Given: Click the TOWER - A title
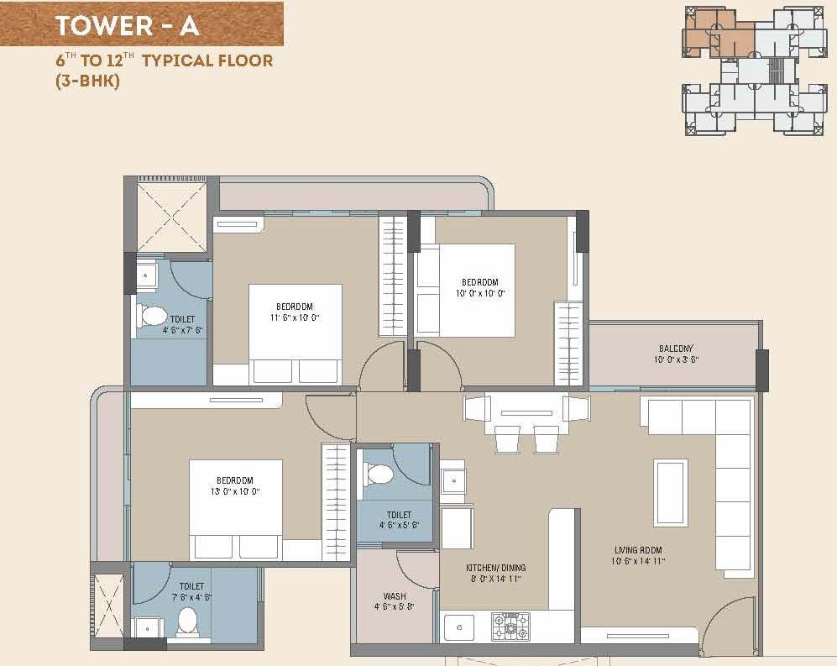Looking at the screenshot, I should tap(127, 25).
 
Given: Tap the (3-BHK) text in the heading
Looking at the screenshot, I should tap(88, 81).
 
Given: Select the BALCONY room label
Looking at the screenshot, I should tap(676, 349).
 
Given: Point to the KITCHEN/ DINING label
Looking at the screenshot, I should tap(494, 569).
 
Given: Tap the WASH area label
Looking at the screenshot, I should tap(394, 596).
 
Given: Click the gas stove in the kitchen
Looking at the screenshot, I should tap(511, 626).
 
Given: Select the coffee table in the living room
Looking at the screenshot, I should tap(671, 492).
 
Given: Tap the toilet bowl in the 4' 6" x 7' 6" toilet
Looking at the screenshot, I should tap(153, 316).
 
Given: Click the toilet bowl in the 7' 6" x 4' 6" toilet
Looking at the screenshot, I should tap(187, 621).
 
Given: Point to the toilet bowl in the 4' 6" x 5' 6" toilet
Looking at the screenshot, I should tap(380, 475).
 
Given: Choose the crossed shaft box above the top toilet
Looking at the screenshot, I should tap(171, 216).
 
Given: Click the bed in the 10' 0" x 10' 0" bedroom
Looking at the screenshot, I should tap(466, 291).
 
